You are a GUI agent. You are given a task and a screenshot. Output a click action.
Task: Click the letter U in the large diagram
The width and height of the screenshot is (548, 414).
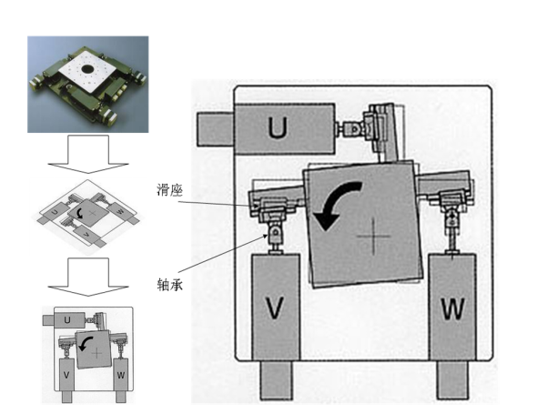tap(279, 129)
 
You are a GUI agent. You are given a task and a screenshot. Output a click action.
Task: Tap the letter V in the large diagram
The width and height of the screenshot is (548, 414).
tap(275, 308)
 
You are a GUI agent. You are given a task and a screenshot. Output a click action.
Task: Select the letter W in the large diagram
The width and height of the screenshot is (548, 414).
tap(452, 308)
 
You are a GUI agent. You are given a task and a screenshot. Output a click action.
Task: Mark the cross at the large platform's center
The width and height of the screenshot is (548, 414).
tap(373, 237)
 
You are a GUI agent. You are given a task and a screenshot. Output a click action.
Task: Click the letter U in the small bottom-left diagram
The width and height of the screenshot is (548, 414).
tap(68, 319)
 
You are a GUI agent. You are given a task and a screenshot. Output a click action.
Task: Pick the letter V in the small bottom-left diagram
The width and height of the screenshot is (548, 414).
tap(66, 374)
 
